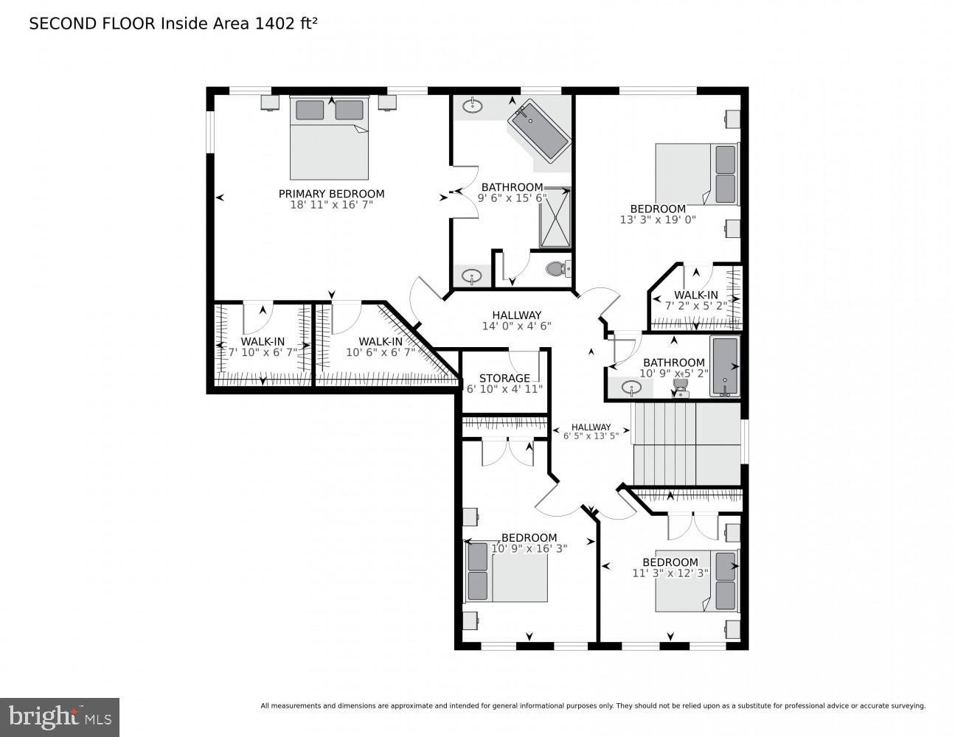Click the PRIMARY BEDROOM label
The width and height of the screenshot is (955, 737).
click(331, 194)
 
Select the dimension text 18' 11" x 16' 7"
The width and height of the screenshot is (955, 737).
click(331, 205)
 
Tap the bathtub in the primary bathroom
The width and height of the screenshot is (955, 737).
click(539, 132)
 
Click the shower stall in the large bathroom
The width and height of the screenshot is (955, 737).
click(555, 217)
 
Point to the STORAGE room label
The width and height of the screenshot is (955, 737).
click(504, 378)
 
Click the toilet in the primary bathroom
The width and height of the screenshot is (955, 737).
click(558, 269)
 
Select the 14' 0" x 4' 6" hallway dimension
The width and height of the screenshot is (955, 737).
click(516, 326)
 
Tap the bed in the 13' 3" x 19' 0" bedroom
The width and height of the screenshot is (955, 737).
click(695, 174)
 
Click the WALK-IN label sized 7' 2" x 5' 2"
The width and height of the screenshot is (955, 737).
click(695, 295)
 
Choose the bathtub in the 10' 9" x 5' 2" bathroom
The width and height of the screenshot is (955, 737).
click(724, 366)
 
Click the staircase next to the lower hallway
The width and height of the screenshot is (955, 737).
click(686, 442)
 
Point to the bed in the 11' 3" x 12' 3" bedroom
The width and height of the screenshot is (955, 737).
click(696, 581)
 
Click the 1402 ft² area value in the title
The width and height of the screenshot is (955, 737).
click(286, 24)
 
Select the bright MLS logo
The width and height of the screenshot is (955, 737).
click(60, 717)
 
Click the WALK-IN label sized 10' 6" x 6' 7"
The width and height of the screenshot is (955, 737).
click(381, 341)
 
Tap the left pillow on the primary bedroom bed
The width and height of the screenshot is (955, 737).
click(310, 110)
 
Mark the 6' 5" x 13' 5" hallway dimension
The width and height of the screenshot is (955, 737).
click(591, 436)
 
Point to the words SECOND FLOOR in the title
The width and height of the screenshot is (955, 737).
click(92, 24)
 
